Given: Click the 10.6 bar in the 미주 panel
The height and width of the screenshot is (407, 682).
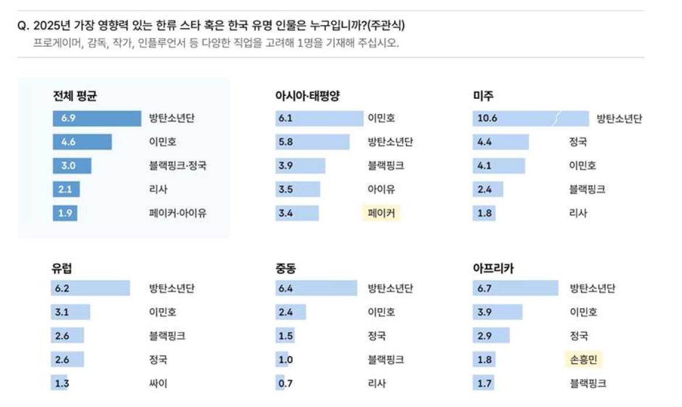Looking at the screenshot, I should click(530, 119).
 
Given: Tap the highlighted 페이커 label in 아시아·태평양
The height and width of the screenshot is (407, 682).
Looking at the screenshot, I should click(381, 213).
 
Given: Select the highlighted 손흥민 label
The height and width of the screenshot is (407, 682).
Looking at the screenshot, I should click(583, 360).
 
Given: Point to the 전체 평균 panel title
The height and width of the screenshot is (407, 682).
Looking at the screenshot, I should click(74, 96).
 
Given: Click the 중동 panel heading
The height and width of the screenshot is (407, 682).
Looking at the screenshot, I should click(286, 269).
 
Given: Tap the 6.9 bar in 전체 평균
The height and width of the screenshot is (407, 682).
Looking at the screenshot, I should click(97, 119).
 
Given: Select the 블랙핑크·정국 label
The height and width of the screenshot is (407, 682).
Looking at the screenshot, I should click(177, 165).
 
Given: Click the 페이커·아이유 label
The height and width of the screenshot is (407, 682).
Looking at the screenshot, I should click(177, 213).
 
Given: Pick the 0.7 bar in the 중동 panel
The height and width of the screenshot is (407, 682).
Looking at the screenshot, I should click(280, 384).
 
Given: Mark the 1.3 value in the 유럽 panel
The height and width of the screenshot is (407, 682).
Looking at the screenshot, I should click(61, 384).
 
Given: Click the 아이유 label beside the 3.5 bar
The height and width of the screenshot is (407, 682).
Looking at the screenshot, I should click(381, 189).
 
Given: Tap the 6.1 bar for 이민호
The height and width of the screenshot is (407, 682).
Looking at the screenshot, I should click(319, 119).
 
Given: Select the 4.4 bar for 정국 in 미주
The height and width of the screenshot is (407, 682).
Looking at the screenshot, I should click(501, 142).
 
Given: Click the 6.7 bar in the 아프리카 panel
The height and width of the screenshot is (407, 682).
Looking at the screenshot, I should click(515, 288).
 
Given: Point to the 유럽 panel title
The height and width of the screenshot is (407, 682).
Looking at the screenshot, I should click(63, 269).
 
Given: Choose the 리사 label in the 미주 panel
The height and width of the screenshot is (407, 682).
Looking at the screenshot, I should click(578, 213).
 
